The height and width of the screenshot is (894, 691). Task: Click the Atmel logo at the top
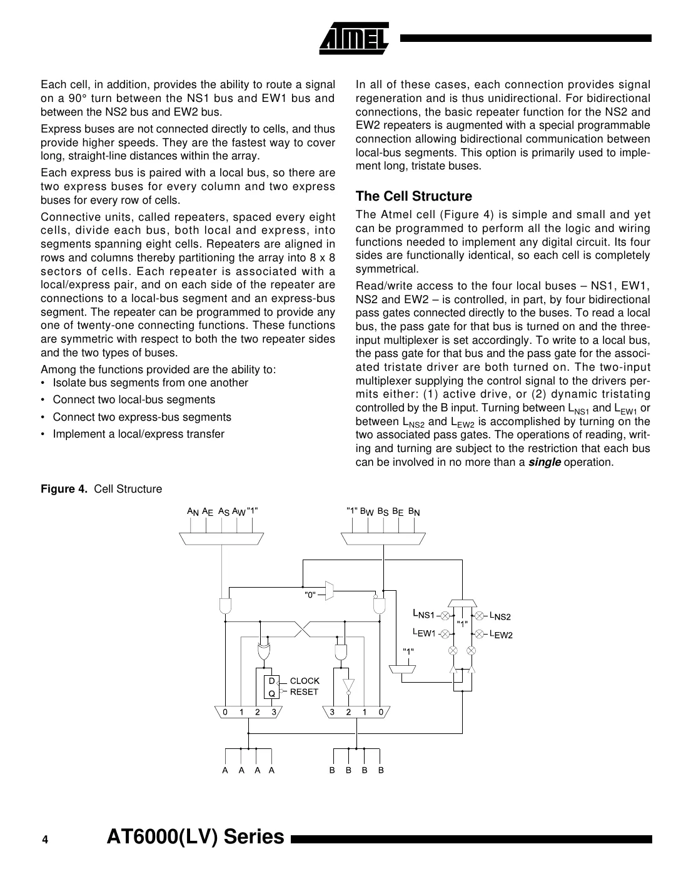click(354, 37)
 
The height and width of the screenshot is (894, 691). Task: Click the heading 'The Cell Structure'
click(413, 196)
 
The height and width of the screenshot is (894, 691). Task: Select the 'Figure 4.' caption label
click(65, 489)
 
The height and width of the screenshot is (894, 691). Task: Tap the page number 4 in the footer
click(45, 840)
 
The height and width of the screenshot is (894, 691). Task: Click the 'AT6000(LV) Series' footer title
click(196, 836)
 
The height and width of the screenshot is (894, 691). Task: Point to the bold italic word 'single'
click(544, 462)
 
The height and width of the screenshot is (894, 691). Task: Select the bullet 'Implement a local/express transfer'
click(138, 434)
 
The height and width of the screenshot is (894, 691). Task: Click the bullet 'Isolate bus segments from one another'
click(150, 383)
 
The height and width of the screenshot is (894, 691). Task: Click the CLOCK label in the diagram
click(305, 681)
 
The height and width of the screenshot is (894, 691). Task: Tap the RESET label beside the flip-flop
click(304, 691)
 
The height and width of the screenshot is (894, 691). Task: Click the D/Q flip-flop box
click(272, 686)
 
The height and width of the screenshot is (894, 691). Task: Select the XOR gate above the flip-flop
click(264, 651)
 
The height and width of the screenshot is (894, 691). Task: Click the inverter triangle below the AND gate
click(348, 685)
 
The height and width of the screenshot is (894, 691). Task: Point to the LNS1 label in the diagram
click(423, 613)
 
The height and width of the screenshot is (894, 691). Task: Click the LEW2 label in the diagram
click(501, 635)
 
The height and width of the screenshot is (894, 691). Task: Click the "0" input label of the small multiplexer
click(310, 595)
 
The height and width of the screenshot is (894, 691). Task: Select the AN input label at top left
click(193, 511)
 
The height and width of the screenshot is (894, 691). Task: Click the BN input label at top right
click(414, 511)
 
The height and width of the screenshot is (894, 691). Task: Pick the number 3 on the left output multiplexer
click(273, 711)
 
